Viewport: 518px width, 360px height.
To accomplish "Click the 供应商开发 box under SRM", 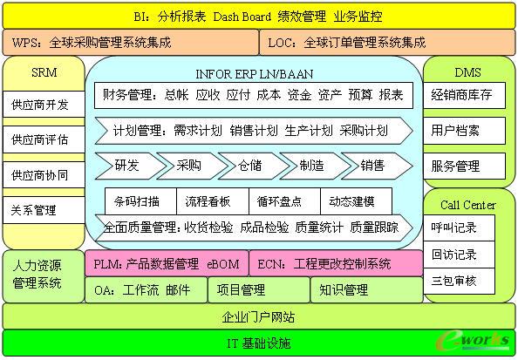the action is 44,104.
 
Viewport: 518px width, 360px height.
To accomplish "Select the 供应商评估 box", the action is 44,139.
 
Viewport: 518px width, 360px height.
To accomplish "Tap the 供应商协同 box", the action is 44,174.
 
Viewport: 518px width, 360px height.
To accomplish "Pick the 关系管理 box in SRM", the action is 44,210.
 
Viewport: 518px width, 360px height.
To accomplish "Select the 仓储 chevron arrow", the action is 254,166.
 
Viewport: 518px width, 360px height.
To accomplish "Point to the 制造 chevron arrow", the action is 315,166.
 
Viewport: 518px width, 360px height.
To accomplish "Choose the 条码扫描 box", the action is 140,201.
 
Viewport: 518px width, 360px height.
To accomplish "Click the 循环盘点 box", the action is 284,201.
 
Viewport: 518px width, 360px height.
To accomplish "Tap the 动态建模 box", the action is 356,201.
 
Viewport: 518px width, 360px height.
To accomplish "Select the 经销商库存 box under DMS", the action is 464,95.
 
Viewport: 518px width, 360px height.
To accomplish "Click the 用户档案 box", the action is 464,131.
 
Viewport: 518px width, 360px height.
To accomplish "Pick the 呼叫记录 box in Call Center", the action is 460,228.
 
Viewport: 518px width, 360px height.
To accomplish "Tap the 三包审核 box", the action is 460,281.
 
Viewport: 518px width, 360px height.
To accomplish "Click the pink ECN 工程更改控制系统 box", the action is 336,263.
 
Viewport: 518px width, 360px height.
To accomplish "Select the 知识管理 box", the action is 366,290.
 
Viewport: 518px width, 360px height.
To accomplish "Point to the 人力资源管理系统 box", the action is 44,276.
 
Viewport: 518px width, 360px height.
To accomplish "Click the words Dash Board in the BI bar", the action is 242,17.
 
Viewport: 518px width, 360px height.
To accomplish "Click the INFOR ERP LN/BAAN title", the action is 254,74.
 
